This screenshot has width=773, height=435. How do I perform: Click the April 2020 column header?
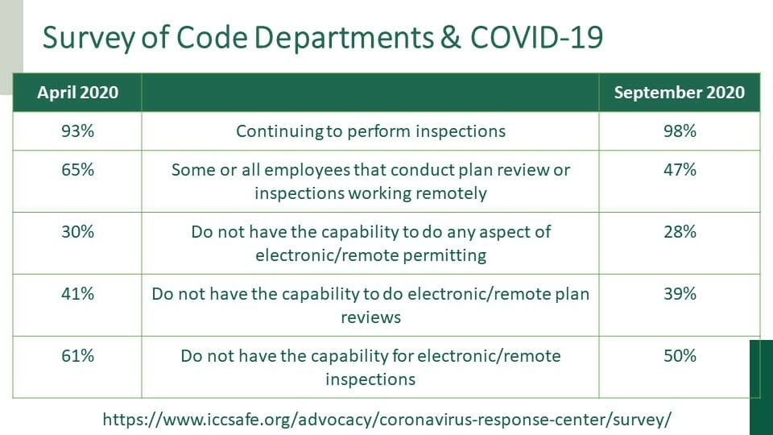[78, 93]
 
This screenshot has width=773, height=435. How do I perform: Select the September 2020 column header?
[680, 93]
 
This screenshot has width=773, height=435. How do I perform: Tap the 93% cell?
[78, 131]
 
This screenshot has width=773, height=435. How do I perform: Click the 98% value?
[680, 131]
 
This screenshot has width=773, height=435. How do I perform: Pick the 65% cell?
[78, 170]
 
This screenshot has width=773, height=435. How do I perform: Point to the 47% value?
[680, 170]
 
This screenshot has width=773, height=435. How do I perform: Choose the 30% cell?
[78, 232]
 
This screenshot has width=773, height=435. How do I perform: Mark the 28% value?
[680, 232]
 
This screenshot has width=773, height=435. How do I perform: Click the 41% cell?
[78, 294]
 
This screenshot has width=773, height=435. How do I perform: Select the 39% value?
[680, 294]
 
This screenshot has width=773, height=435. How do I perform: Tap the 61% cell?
[78, 356]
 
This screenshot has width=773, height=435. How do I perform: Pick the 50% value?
[680, 356]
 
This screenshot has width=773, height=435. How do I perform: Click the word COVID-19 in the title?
[536, 37]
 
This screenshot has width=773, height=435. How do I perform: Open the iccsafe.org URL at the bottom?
[386, 420]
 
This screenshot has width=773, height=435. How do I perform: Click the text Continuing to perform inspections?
[370, 131]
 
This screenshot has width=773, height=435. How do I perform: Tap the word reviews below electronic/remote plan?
[370, 317]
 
